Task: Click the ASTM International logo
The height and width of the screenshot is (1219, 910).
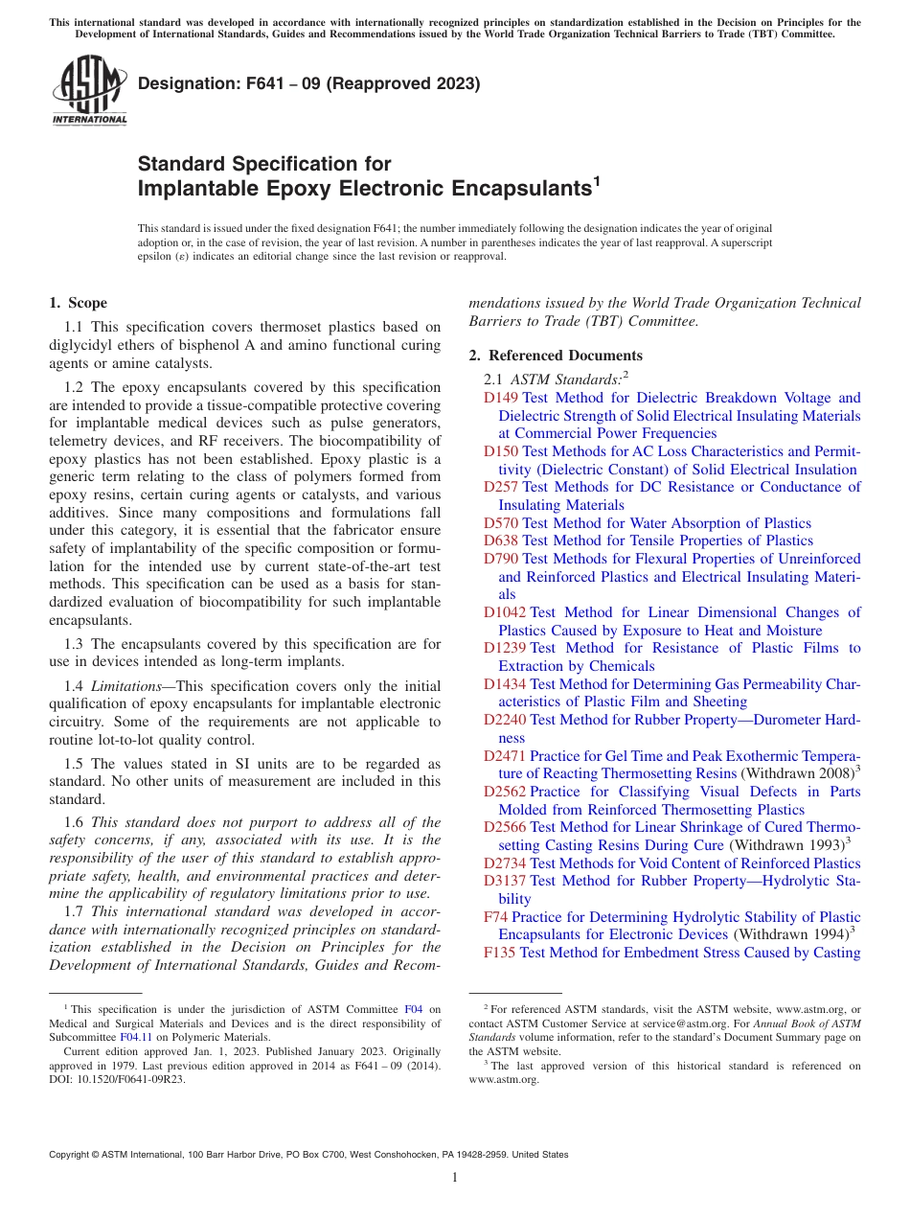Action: pos(89,93)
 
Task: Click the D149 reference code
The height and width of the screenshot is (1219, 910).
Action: pos(501,398)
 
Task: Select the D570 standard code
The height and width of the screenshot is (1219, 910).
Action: pos(501,523)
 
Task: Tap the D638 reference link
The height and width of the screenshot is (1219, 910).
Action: pos(501,540)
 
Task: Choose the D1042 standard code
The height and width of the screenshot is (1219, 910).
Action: pos(505,612)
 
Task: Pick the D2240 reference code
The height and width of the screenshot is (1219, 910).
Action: pos(505,720)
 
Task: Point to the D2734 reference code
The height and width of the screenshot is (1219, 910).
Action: pos(505,863)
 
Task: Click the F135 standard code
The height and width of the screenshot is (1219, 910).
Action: pos(500,953)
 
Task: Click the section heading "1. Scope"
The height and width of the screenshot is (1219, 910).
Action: pos(78,303)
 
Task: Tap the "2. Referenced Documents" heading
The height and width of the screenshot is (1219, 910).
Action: pos(556,356)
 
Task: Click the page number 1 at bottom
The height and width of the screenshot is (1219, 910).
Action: pos(455,1177)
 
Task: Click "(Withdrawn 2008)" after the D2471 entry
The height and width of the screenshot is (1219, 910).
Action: pos(797,773)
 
